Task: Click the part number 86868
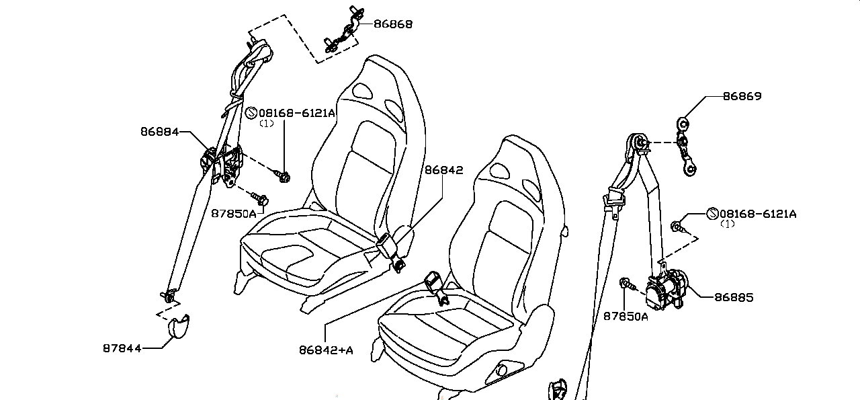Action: pos(393,24)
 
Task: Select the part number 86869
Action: pos(742,96)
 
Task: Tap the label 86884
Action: pos(160,132)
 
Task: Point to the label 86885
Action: pos(734,297)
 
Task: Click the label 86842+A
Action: pos(326,349)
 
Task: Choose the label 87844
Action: pos(122,348)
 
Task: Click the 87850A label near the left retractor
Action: pos(234,214)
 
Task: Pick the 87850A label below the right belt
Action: pos(626,316)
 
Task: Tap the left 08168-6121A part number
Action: pos(296,113)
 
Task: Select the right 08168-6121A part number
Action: pos(758,214)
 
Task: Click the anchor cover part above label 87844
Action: pos(178,327)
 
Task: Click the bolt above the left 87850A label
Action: pos(259,198)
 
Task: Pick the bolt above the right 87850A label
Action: pos(626,284)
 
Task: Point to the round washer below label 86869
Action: pos(683,124)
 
